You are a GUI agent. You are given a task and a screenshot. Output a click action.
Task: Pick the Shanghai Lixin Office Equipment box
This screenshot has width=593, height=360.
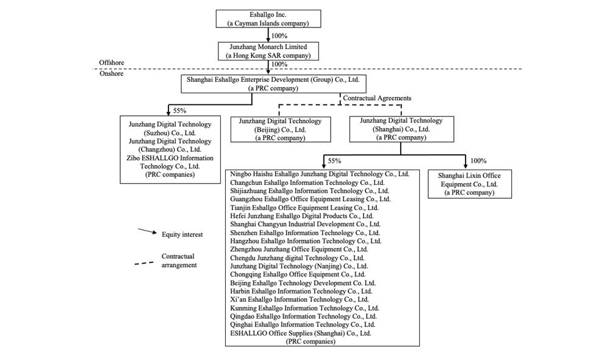pos(469,184)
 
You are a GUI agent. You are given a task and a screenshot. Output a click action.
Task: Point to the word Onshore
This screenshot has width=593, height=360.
pos(110,74)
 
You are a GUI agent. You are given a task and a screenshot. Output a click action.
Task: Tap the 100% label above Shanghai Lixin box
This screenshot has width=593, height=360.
pos(478,161)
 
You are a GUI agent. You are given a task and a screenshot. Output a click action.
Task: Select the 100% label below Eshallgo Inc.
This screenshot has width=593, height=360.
pos(279,35)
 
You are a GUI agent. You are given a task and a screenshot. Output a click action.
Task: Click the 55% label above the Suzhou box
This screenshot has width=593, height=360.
pos(181,111)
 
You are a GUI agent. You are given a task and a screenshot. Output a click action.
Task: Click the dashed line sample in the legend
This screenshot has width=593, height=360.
pos(145,264)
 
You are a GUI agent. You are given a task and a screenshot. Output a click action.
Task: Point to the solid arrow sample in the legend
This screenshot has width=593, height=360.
pos(146,232)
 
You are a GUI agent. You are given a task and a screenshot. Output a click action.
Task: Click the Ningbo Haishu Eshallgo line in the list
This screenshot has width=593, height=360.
pos(323,174)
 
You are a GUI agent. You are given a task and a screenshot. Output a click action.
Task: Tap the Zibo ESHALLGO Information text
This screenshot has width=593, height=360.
pos(170,157)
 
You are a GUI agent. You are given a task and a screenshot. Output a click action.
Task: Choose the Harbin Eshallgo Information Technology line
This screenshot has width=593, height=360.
pos(301,292)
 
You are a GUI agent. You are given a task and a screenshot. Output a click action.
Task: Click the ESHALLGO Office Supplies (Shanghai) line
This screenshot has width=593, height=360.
pos(301,333)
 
